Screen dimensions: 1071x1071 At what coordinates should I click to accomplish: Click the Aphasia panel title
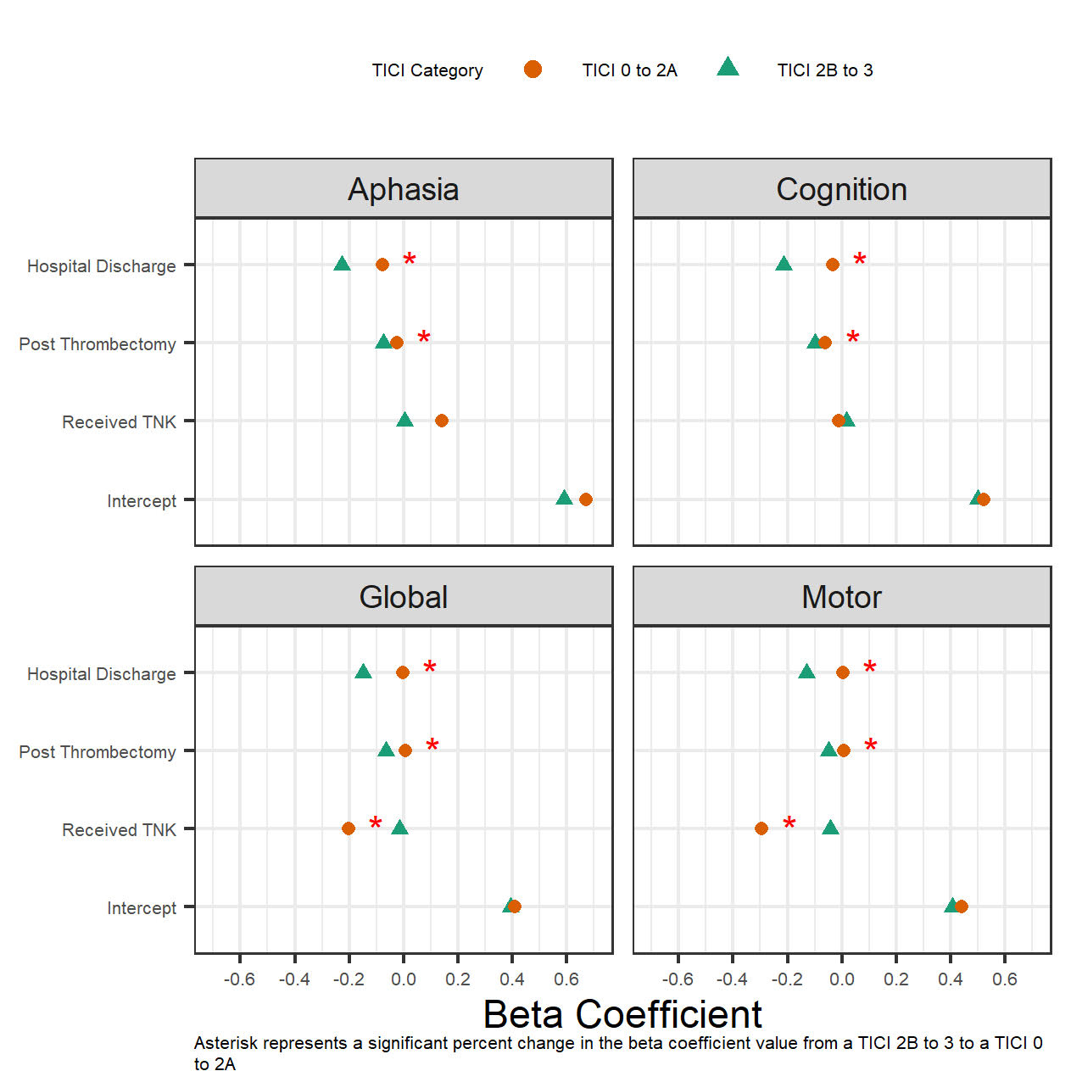(403, 189)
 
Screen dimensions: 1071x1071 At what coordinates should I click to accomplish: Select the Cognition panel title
(841, 189)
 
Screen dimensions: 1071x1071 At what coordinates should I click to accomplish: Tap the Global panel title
(403, 597)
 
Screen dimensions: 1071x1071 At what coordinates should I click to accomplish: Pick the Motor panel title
(841, 597)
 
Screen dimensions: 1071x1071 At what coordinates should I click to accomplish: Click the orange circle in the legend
(533, 70)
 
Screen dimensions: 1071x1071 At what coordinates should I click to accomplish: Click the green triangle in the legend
(728, 68)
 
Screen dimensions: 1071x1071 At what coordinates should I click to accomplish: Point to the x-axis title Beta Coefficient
(622, 1013)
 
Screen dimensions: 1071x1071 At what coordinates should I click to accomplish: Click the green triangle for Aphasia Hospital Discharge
(342, 265)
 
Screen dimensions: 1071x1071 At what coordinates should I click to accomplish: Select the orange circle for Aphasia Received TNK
(441, 421)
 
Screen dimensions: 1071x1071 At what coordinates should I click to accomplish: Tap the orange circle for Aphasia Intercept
(585, 499)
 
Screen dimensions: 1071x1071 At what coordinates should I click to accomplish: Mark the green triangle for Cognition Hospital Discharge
(784, 265)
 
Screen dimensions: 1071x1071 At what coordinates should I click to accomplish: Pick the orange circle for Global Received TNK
(348, 828)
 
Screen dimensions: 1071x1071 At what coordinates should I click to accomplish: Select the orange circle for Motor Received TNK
(761, 828)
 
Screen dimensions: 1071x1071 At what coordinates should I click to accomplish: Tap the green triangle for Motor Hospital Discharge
(806, 672)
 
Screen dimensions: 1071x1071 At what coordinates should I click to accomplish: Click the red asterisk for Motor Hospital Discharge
(869, 668)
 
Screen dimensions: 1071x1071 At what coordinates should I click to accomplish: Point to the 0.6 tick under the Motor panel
(1004, 979)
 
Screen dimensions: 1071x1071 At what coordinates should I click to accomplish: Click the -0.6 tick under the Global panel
(239, 979)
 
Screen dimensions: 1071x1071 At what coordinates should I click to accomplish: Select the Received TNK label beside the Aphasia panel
(119, 422)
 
